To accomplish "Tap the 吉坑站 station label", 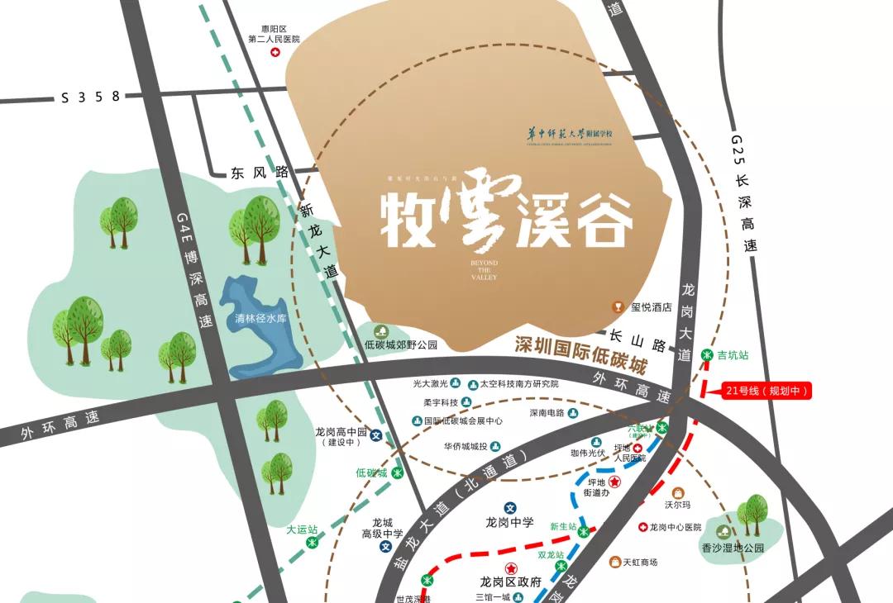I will tap(732, 355).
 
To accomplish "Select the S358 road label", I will tap(91, 97).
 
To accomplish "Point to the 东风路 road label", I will tap(260, 173).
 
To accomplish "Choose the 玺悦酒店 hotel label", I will tap(651, 307).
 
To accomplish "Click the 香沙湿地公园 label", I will tap(733, 548).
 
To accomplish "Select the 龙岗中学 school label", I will tap(509, 523).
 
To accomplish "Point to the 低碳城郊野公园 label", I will tap(400, 344).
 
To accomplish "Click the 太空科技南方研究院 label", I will tap(519, 384).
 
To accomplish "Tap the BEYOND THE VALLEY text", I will tap(485, 269).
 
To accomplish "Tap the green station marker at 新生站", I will tap(584, 531).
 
